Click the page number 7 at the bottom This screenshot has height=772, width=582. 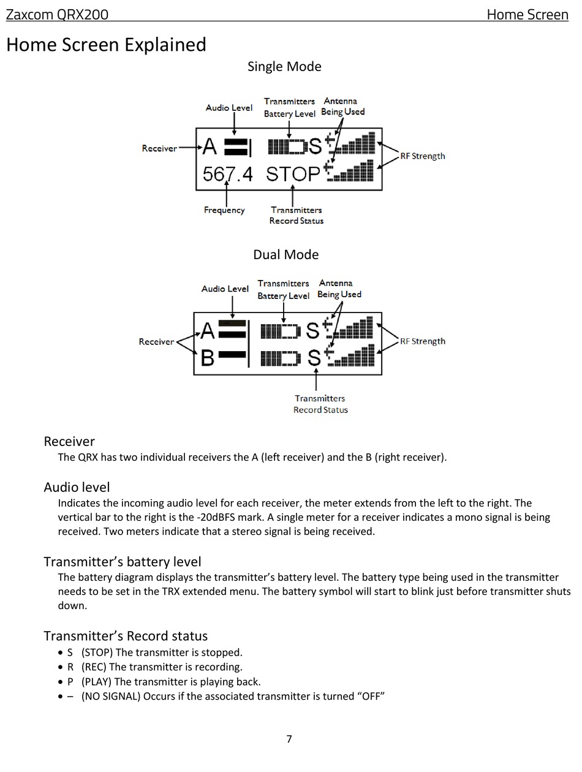[289, 738]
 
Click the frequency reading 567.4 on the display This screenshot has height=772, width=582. [227, 174]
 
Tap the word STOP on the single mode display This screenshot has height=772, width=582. [293, 174]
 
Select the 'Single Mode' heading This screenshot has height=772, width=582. [284, 66]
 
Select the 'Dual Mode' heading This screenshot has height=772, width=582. [285, 254]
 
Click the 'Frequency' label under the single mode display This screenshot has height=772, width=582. [224, 210]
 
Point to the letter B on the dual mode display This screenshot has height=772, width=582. [207, 358]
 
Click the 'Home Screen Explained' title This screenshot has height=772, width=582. [106, 45]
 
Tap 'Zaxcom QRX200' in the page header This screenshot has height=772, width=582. [57, 15]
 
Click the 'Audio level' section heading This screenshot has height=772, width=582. [77, 487]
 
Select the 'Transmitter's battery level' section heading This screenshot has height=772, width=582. [123, 562]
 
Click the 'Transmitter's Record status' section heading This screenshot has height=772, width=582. [126, 636]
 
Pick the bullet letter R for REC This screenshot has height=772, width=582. [70, 667]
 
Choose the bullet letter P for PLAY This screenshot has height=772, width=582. [70, 681]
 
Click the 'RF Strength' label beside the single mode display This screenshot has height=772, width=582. [422, 156]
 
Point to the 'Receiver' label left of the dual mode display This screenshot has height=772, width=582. [156, 341]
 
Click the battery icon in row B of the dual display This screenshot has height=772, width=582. [281, 358]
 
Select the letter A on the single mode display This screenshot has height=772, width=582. [210, 146]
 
